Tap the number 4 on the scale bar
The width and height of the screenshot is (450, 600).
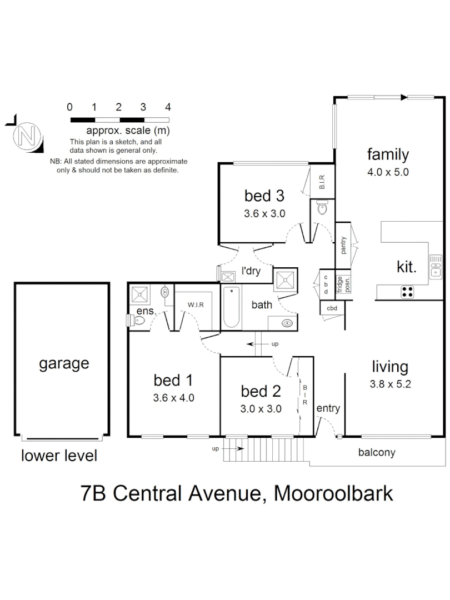click(x=168, y=107)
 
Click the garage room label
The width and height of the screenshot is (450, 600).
click(x=64, y=364)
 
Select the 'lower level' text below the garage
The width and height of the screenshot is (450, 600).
click(x=59, y=456)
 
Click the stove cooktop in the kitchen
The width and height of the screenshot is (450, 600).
click(x=407, y=291)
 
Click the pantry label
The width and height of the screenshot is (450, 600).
click(x=344, y=244)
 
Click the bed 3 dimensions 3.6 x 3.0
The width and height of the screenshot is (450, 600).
click(x=264, y=213)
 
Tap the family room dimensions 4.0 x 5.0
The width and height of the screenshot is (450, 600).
click(x=388, y=172)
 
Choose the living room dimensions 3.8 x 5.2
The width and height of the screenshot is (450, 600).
click(x=390, y=384)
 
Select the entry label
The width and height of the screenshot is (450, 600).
click(x=328, y=409)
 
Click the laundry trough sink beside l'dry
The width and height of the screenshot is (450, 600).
click(x=228, y=277)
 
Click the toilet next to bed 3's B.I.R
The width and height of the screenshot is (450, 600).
click(x=323, y=209)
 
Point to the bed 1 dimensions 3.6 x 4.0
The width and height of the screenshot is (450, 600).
click(x=173, y=398)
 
